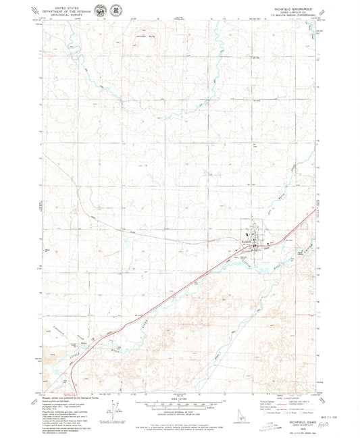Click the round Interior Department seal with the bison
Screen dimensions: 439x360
pos(101,11)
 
